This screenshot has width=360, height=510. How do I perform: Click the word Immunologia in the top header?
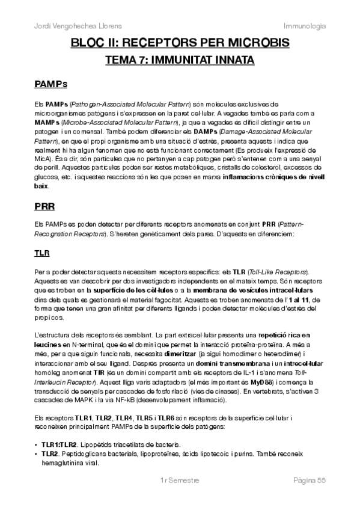point(305,26)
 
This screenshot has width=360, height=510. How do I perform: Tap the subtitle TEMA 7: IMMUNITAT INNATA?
point(180,60)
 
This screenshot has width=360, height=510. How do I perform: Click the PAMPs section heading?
point(51,83)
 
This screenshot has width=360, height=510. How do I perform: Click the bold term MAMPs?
point(47,122)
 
